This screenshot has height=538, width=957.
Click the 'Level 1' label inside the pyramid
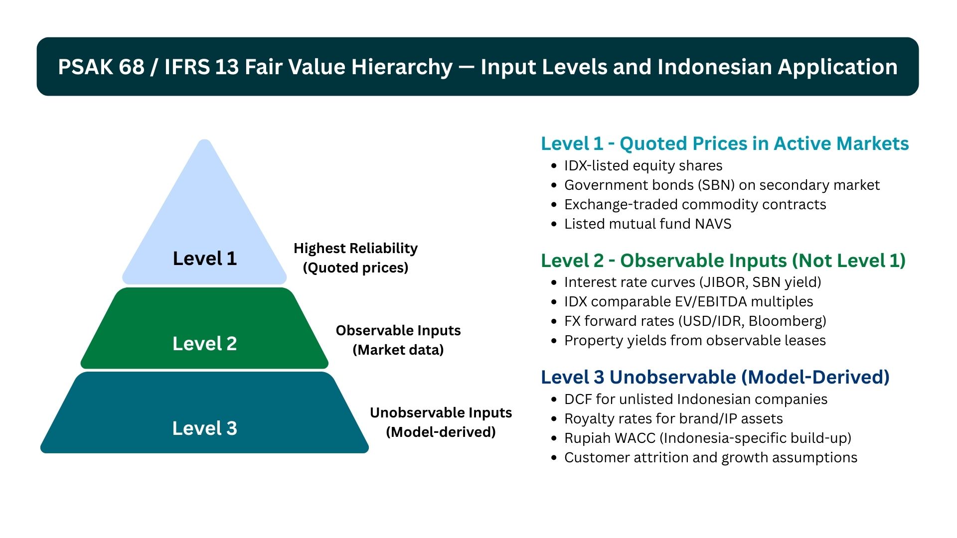coord(204,259)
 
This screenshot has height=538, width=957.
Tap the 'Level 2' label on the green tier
coord(204,344)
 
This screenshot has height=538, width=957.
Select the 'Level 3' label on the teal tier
coord(204,428)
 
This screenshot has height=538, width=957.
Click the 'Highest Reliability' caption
coord(355,248)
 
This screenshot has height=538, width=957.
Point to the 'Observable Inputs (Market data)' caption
coord(398,340)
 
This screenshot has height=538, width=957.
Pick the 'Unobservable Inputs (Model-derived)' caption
coord(441,422)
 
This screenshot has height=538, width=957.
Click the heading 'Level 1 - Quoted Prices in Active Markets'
coord(725,143)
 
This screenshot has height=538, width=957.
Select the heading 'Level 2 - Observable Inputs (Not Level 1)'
coord(723,261)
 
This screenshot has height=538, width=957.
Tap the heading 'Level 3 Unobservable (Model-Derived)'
coord(715,377)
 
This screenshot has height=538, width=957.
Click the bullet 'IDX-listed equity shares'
coord(643,165)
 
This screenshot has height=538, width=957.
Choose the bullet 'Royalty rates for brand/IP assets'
coord(673,418)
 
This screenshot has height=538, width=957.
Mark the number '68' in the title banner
coord(132,67)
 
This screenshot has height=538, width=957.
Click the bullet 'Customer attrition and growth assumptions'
coord(710,457)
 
